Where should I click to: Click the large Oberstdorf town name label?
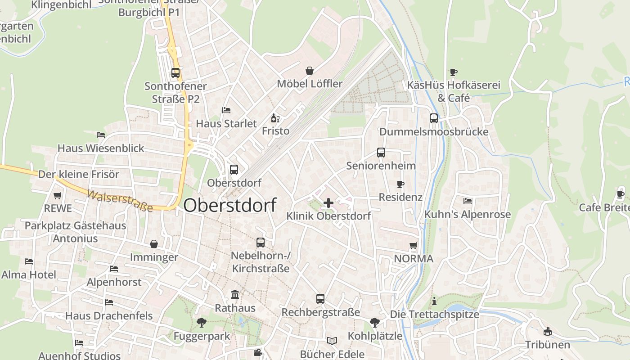coord(229,205)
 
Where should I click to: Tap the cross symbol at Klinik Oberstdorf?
coord(328,202)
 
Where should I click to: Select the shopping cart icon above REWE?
coord(58,195)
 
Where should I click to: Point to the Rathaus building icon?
coord(235,295)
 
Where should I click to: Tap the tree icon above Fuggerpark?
coord(201,322)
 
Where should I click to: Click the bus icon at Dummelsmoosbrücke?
coord(434,118)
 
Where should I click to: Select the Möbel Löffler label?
coord(310,84)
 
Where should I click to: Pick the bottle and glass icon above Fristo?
coord(275,118)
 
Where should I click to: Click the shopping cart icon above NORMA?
coord(414,246)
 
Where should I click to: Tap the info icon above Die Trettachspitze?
coord(434,301)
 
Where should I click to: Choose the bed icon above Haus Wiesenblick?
coord(101,135)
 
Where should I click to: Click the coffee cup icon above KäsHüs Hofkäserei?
coord(454,72)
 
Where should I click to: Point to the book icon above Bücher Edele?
coord(332,341)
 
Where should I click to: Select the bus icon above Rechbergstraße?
coord(320,298)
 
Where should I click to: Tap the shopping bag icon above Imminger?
coord(154,244)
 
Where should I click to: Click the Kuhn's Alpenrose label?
coord(468,214)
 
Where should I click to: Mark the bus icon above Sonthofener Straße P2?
coord(175,72)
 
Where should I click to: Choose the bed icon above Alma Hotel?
coord(29,261)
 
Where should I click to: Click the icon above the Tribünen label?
coord(548,332)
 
